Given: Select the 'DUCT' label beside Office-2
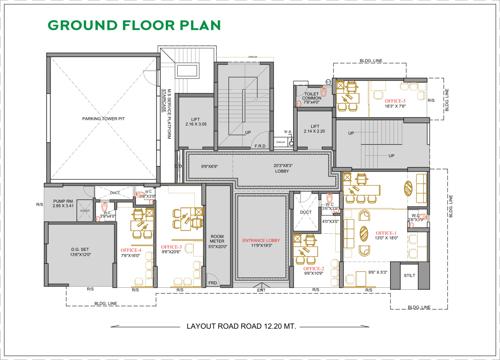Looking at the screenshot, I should (x=305, y=212).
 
